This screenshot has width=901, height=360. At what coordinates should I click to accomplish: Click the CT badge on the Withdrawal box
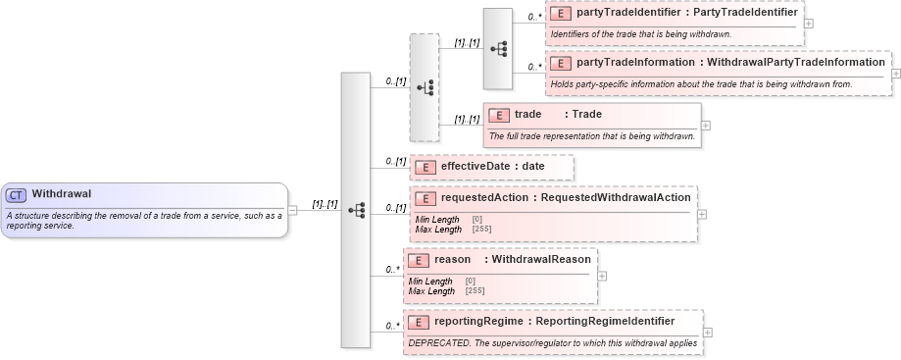pos(17,194)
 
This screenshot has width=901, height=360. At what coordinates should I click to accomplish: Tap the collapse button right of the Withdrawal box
pos(293,209)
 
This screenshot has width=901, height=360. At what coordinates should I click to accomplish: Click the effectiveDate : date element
pos(491,167)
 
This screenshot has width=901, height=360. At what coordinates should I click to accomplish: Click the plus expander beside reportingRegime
pos(708,333)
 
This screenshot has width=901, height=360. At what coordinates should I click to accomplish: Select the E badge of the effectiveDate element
pos(425,167)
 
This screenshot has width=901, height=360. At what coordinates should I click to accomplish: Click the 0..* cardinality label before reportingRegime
pos(392,326)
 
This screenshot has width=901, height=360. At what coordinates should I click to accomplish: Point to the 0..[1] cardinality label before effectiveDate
pos(395,161)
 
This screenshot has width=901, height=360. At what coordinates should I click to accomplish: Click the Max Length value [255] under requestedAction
pos(481,229)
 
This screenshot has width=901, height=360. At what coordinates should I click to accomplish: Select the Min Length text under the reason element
pos(430,282)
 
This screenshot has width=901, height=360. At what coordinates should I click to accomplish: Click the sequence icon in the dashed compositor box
pos(425,87)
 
